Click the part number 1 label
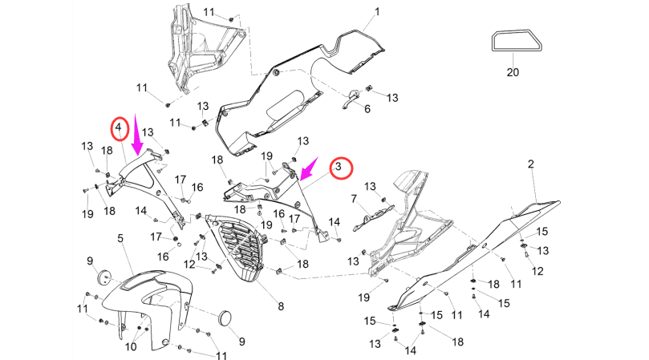[x=377, y=13]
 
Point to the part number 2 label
[x=530, y=164]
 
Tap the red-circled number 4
[x=119, y=127]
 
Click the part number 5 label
[x=120, y=238]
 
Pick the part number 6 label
[x=367, y=109]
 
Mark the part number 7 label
[x=353, y=198]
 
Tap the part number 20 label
[x=513, y=72]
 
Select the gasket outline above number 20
[x=513, y=40]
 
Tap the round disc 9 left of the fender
[x=103, y=276]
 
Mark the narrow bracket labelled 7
[x=373, y=213]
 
